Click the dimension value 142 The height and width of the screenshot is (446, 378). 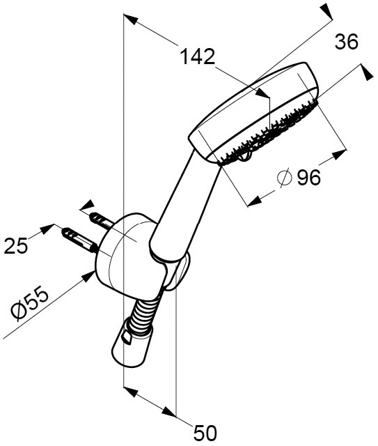pyautogui.click(x=198, y=56)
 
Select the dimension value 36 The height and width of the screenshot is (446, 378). pyautogui.click(x=346, y=42)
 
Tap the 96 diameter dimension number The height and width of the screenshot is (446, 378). pyautogui.click(x=308, y=178)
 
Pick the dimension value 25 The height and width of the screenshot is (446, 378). pyautogui.click(x=16, y=246)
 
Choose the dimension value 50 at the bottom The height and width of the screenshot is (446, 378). pyautogui.click(x=205, y=433)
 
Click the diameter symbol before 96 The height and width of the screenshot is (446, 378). pyautogui.click(x=285, y=178)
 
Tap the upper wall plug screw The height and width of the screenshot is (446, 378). pyautogui.click(x=102, y=221)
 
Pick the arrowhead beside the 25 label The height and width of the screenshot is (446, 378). pyautogui.click(x=47, y=229)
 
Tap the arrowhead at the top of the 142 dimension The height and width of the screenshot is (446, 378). pyautogui.click(x=131, y=20)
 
